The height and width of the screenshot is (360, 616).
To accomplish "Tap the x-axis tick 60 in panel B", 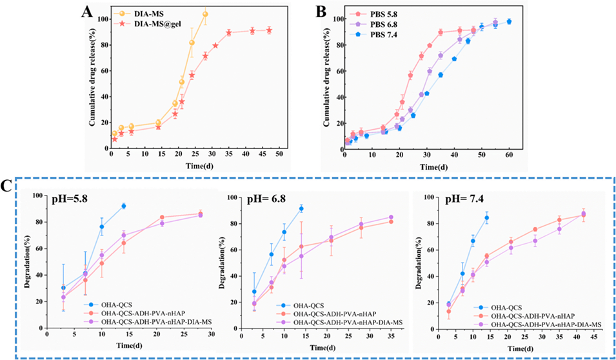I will coord(509,156).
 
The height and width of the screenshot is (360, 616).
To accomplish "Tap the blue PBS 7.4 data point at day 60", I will coord(509,21).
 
